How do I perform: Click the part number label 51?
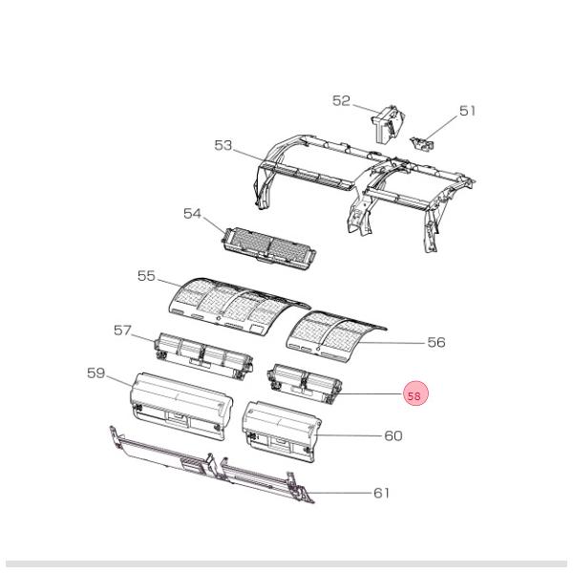point(467,111)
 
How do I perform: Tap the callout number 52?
point(342,100)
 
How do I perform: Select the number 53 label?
point(223,145)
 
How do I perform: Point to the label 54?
point(193,214)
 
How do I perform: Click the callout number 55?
point(146,275)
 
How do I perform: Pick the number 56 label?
point(435,342)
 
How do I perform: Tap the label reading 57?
point(122,330)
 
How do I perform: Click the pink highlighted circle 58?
point(414,394)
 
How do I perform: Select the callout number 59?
point(95,372)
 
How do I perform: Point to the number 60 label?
point(393,435)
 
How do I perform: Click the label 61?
point(381,493)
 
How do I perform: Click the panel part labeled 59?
point(181,404)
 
